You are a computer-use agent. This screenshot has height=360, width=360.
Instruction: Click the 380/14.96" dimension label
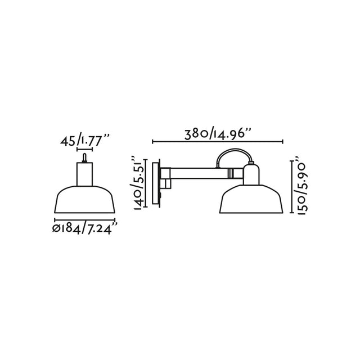click(217, 133)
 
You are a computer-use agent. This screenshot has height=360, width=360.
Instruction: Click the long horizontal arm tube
click(202, 173)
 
